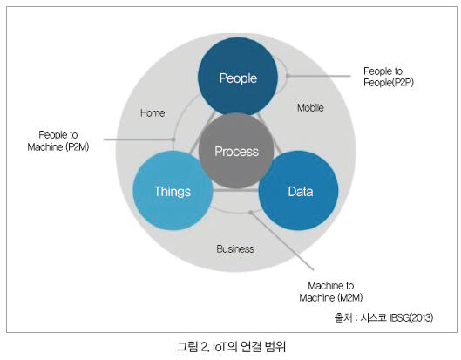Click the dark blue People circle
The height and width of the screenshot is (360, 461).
tap(238, 77)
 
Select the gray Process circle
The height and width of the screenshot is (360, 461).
tap(236, 151)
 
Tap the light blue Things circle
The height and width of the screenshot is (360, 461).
tap(173, 191)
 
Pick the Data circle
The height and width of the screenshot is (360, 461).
tap(298, 191)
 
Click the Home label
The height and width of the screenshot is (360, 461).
tap(153, 113)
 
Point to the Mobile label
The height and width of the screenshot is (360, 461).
tap(310, 107)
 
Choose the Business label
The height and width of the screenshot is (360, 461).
tap(235, 249)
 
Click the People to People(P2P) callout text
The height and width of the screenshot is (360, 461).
tap(389, 77)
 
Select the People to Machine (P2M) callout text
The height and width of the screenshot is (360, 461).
tap(58, 141)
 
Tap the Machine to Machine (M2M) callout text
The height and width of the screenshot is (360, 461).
tap(331, 291)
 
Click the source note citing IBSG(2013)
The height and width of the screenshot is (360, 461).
tap(383, 317)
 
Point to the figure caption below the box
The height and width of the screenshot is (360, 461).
tap(231, 346)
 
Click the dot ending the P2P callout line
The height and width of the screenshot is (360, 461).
tap(288, 76)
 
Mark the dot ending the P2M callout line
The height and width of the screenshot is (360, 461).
tap(173, 139)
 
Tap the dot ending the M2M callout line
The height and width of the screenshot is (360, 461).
tap(250, 212)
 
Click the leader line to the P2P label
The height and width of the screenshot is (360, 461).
tap(319, 76)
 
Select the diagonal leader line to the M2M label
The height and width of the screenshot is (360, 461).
tap(282, 241)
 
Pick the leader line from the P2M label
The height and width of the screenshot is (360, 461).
tap(139, 139)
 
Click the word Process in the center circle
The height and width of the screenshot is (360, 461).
tap(236, 152)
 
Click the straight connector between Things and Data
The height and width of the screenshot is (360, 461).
tap(236, 191)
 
